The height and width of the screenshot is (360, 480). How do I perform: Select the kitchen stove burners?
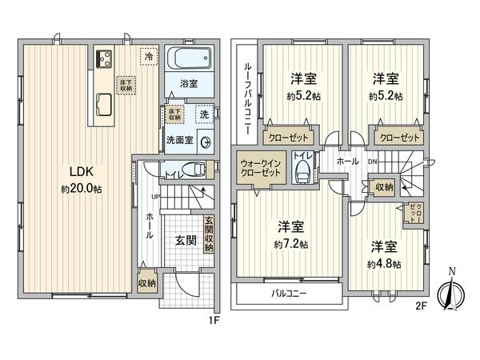[x=104, y=59]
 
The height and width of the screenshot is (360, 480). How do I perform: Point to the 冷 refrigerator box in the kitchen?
[x=148, y=56]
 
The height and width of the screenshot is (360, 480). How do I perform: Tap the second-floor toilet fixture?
[x=303, y=170]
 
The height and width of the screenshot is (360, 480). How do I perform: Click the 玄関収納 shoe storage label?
[x=208, y=235]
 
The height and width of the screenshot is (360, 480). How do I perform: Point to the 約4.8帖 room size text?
[x=384, y=264]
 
